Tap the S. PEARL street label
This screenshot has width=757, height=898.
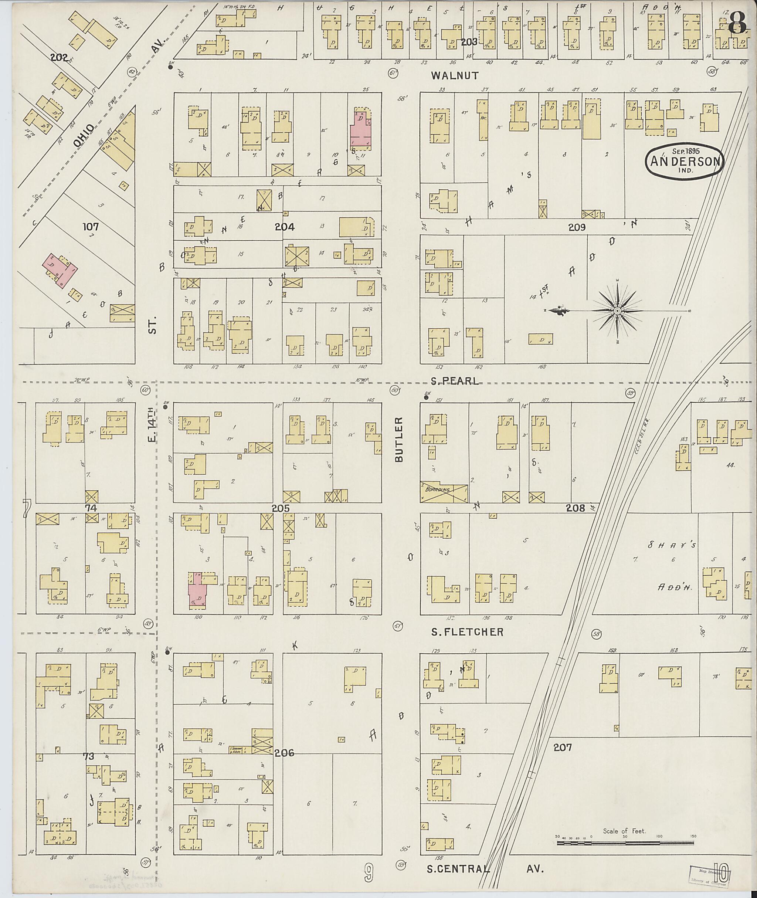[x=454, y=382]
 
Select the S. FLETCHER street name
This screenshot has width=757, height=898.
[x=467, y=632]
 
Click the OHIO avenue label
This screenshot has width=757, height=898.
[x=83, y=136]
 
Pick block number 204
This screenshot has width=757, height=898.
[x=285, y=227]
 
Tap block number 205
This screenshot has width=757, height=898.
[x=281, y=508]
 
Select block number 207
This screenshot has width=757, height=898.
[x=562, y=747]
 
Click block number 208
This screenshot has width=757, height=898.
[x=575, y=508]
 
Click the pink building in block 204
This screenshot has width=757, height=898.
[x=360, y=129]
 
